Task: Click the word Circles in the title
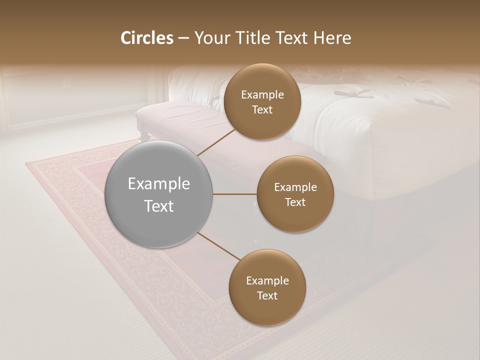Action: pos(147,38)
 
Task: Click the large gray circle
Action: pos(159,194)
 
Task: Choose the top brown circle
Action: pos(262,101)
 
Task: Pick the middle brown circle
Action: pos(295,194)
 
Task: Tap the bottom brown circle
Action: pos(267,287)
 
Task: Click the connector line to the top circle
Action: pos(216,142)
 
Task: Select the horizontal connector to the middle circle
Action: pos(234,194)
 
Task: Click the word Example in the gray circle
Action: pos(159,184)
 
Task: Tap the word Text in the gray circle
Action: pos(159,206)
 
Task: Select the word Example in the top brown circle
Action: pos(262,95)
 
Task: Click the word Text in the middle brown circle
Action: pos(295,202)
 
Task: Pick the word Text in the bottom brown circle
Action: pos(267,295)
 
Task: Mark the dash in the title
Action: pos(183,38)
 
